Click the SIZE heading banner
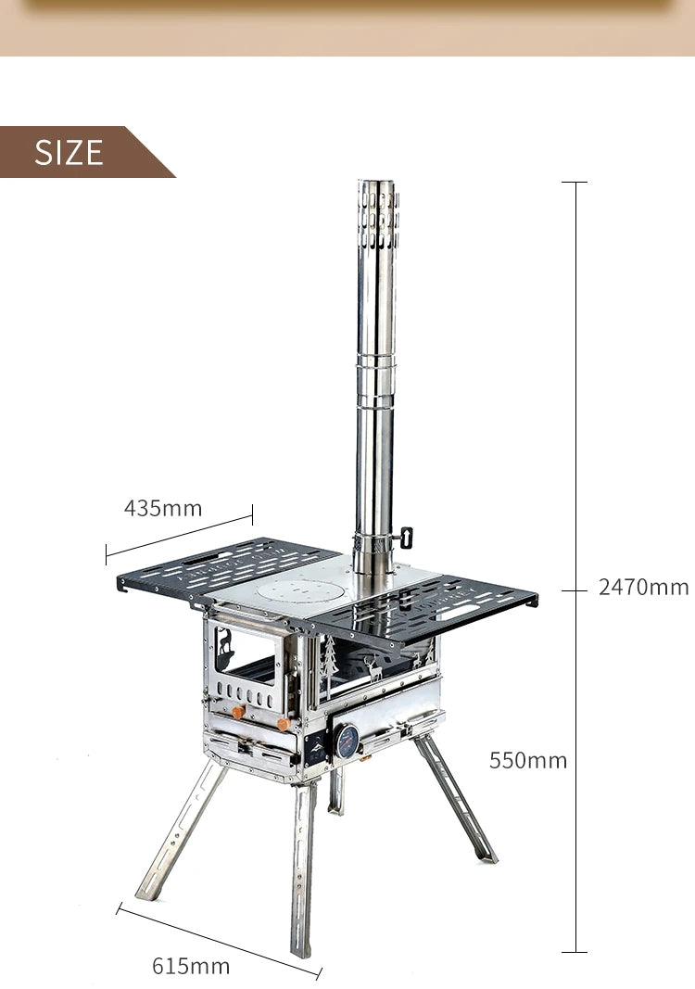(x=69, y=152)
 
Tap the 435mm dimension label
(x=163, y=508)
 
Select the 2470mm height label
(x=643, y=587)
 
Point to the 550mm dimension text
(x=527, y=760)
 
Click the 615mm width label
(x=191, y=966)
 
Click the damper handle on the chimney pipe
(x=405, y=538)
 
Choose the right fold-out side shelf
(x=436, y=608)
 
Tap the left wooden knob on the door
(x=238, y=711)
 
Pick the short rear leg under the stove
(x=335, y=792)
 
